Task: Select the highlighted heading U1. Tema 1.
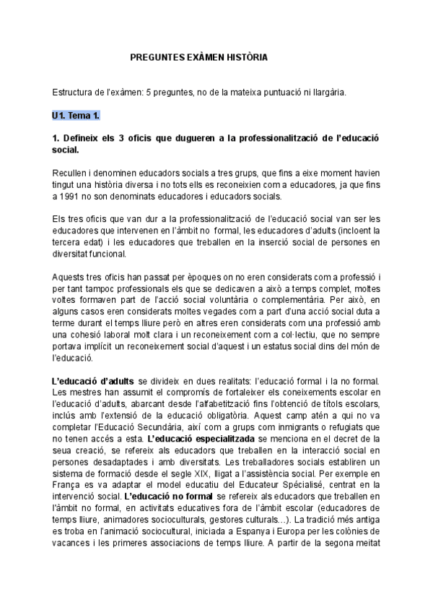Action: coord(76,116)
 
